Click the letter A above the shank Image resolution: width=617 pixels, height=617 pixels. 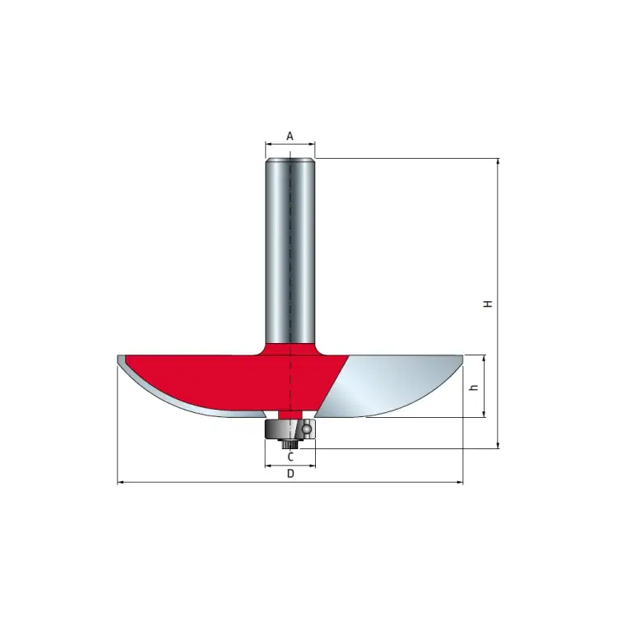coord(290,136)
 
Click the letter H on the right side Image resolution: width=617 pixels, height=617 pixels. coord(489,304)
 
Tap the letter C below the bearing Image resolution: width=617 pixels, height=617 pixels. coord(290,457)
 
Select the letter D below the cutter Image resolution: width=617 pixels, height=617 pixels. coord(290,473)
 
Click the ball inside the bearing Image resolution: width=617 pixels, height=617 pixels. coord(307,428)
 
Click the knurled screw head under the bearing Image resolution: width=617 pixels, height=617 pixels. coord(290,444)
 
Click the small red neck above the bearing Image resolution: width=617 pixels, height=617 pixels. coord(290,415)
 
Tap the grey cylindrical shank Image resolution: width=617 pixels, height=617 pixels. coord(290,252)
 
